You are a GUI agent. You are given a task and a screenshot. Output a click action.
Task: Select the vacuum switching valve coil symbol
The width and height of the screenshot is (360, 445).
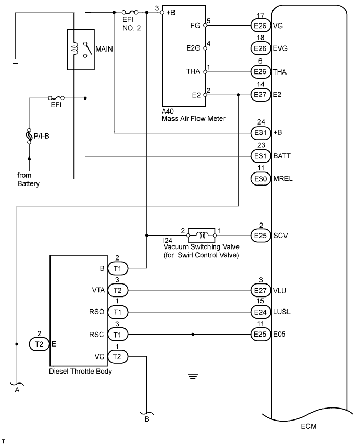[x=201, y=232]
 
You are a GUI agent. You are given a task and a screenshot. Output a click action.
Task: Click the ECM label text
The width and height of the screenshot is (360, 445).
[x=308, y=426]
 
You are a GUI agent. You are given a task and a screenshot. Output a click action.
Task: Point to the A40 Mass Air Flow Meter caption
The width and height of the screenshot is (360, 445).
[x=192, y=115]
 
